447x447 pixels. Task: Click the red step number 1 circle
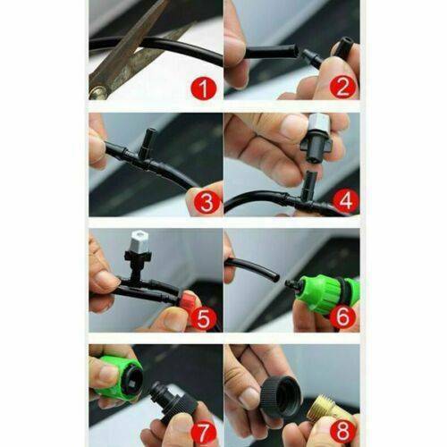tap(204, 88)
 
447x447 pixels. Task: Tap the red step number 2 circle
tap(342, 87)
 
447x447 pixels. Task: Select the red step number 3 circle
tap(207, 203)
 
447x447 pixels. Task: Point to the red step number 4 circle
tap(346, 201)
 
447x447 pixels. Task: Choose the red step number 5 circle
tap(204, 318)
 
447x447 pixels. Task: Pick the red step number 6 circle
tap(342, 316)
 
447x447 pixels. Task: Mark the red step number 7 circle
tap(204, 433)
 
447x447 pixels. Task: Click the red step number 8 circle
tap(342, 431)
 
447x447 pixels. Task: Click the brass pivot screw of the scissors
tap(97, 92)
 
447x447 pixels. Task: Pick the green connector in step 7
tap(118, 377)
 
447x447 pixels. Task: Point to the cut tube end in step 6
tap(275, 278)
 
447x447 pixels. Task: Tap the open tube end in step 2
tap(294, 50)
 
